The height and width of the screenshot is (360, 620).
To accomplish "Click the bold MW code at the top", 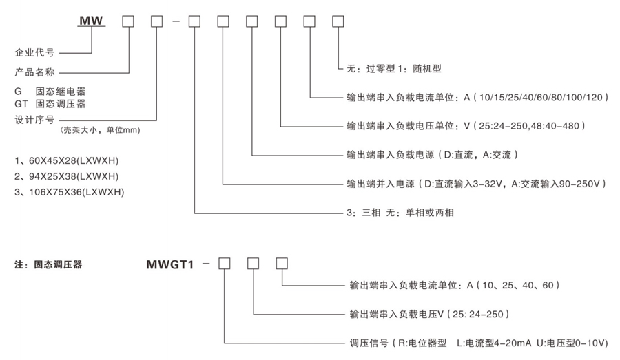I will [x=91, y=21].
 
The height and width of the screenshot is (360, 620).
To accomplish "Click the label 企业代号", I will [x=34, y=52].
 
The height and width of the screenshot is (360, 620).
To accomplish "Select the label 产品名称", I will [x=34, y=72].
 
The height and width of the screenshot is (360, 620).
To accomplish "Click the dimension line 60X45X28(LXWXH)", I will [x=69, y=160].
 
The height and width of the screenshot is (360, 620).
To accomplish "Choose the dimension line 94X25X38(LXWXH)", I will [x=69, y=175].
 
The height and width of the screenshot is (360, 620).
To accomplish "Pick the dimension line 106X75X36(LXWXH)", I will [x=72, y=191].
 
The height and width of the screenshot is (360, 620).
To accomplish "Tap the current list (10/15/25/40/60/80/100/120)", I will [x=540, y=98].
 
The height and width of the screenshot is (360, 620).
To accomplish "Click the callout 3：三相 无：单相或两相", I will [x=400, y=213].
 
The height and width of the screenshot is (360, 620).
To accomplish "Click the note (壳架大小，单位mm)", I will [x=103, y=129].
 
